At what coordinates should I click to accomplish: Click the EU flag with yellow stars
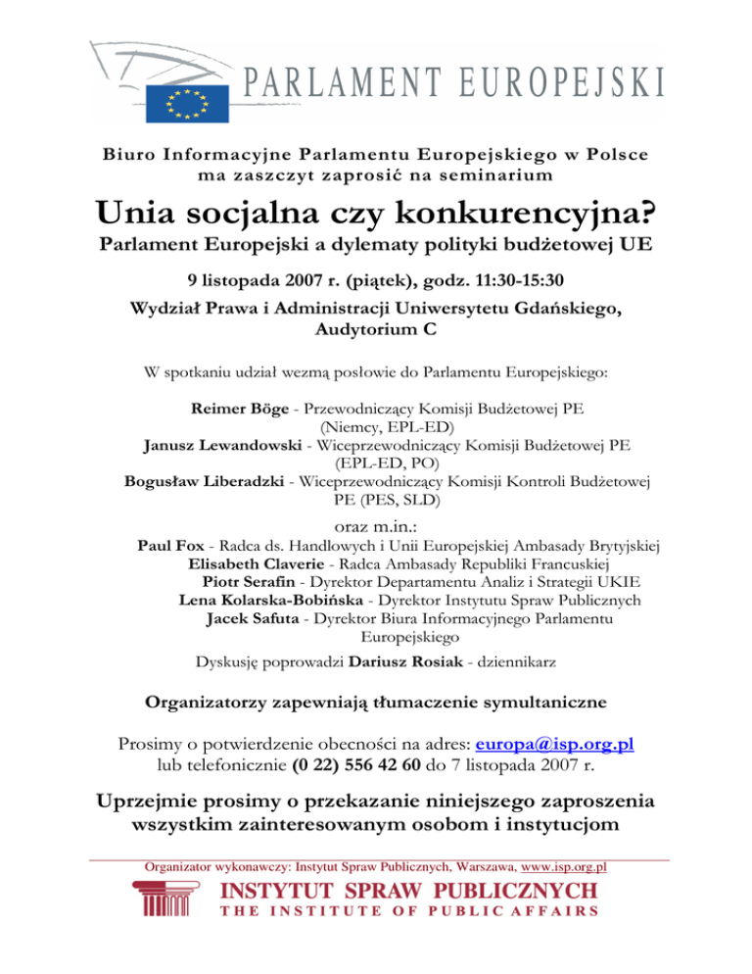(x=188, y=102)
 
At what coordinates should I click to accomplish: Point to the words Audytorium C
(x=376, y=330)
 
